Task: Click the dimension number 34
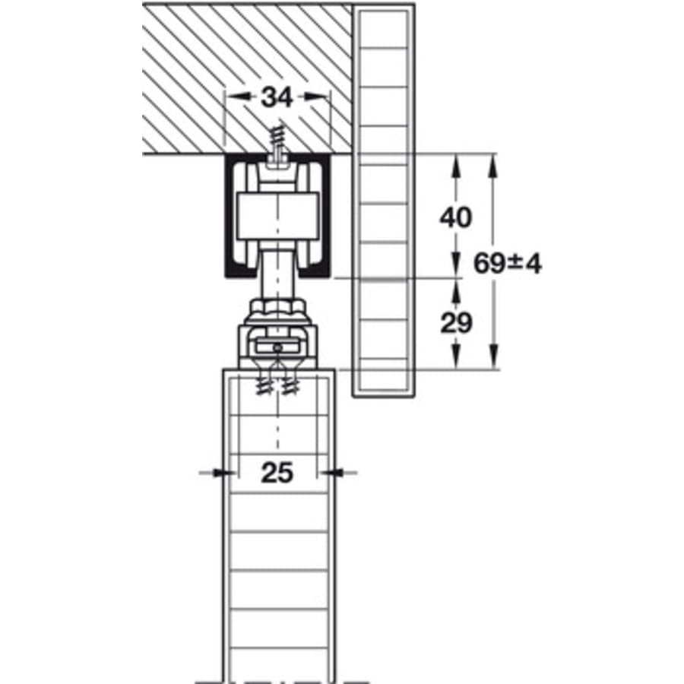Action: (277, 97)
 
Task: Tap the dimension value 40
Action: (456, 217)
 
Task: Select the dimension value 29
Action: (456, 323)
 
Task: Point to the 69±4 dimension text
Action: (508, 264)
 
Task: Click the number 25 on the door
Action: (277, 473)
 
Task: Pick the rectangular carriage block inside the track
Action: (277, 217)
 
